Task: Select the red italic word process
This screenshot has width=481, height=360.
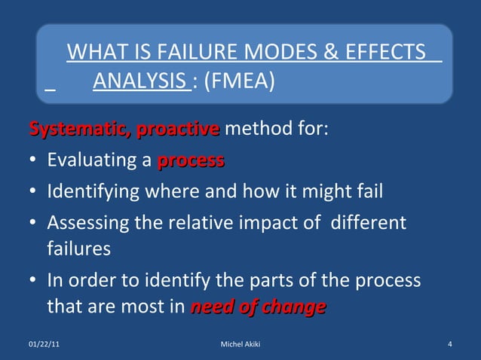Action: click(191, 161)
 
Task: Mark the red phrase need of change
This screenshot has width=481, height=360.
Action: click(259, 307)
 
